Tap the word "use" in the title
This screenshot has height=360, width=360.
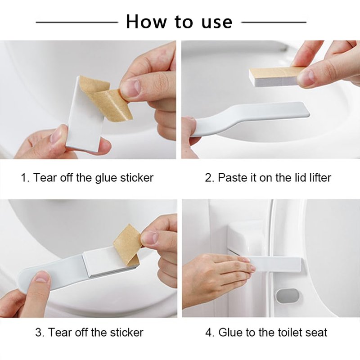[217, 22]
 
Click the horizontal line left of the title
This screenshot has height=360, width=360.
[76, 22]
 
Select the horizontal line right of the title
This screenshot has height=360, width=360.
[274, 22]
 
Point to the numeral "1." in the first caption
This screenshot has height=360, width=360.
[25, 178]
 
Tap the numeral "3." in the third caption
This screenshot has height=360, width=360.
[40, 333]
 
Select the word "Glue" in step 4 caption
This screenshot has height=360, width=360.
[230, 333]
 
